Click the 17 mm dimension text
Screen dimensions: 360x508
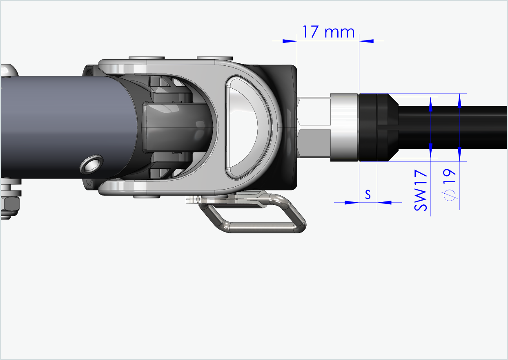coord(328,31)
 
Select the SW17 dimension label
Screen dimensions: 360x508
coord(421,191)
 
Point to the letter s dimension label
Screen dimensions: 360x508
coord(368,195)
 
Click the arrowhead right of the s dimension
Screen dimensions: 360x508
coord(384,202)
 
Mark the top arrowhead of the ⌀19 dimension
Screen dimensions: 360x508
coord(460,101)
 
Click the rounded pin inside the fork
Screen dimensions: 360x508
coord(176,127)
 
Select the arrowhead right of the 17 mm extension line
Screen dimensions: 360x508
coord(366,41)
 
